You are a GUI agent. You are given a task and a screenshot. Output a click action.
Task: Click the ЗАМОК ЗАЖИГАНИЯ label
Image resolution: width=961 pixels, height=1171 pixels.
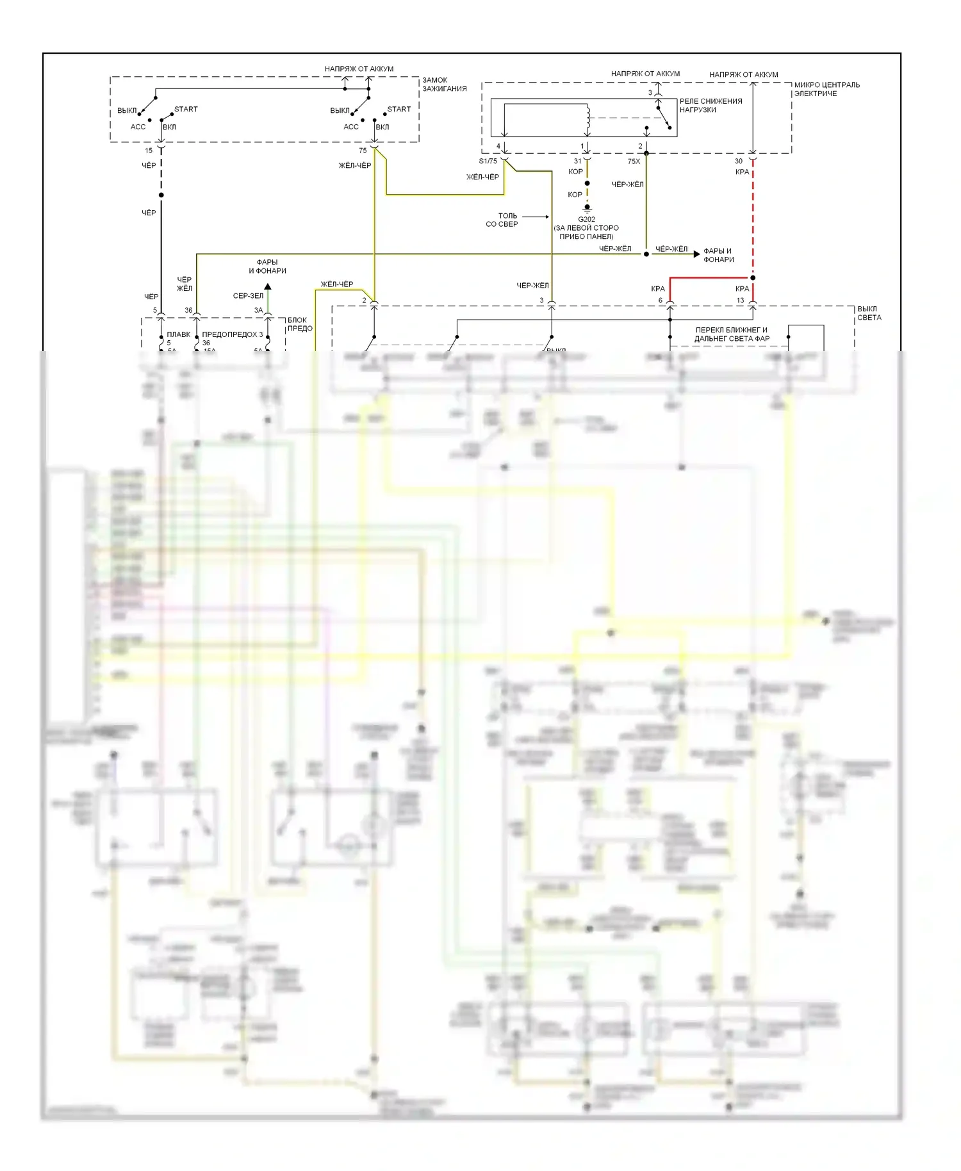click(444, 85)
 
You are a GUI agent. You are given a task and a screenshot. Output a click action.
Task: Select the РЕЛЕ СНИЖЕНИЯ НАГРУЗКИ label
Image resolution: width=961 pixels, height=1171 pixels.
click(710, 106)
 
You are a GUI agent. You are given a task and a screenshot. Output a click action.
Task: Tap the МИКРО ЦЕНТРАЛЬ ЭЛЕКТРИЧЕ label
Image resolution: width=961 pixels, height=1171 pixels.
click(826, 89)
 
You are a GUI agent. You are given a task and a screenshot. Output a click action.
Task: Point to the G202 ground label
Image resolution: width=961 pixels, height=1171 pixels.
click(586, 219)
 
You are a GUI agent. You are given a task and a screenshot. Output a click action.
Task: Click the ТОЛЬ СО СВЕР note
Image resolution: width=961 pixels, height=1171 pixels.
click(503, 220)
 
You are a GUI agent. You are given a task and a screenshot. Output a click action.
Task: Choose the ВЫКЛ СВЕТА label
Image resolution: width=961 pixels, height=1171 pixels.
click(869, 313)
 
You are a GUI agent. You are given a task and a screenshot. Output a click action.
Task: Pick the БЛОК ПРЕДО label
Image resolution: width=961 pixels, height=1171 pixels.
click(299, 324)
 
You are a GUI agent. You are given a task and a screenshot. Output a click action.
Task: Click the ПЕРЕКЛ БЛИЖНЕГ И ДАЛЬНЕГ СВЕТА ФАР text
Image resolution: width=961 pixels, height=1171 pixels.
click(732, 334)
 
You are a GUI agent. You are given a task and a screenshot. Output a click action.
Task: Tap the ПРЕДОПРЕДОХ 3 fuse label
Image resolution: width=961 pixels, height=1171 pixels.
click(232, 334)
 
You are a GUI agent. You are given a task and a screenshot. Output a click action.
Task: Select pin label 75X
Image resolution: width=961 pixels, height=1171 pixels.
click(634, 161)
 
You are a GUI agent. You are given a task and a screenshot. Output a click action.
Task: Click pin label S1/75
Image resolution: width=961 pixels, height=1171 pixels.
click(488, 161)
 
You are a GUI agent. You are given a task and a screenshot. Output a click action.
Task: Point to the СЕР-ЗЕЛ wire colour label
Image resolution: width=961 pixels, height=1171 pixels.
click(248, 296)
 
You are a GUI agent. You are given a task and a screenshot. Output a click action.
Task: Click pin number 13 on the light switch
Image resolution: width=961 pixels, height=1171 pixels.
click(740, 300)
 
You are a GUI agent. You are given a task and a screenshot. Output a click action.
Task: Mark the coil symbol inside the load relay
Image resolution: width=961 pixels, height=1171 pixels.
click(587, 117)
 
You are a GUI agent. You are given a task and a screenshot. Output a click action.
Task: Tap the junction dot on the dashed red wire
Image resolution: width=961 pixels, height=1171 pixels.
click(753, 278)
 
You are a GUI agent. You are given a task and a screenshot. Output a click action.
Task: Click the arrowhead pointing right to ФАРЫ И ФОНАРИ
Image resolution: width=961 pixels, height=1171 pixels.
click(696, 254)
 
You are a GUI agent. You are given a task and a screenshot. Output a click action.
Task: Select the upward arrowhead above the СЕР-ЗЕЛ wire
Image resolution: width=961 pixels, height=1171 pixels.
click(268, 286)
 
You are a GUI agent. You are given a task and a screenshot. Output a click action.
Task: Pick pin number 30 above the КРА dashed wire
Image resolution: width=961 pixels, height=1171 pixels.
click(738, 161)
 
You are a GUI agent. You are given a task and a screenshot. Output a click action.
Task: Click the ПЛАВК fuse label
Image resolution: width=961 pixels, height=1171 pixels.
click(178, 334)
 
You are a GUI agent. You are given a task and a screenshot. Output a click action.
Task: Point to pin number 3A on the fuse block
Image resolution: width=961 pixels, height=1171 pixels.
click(258, 311)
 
